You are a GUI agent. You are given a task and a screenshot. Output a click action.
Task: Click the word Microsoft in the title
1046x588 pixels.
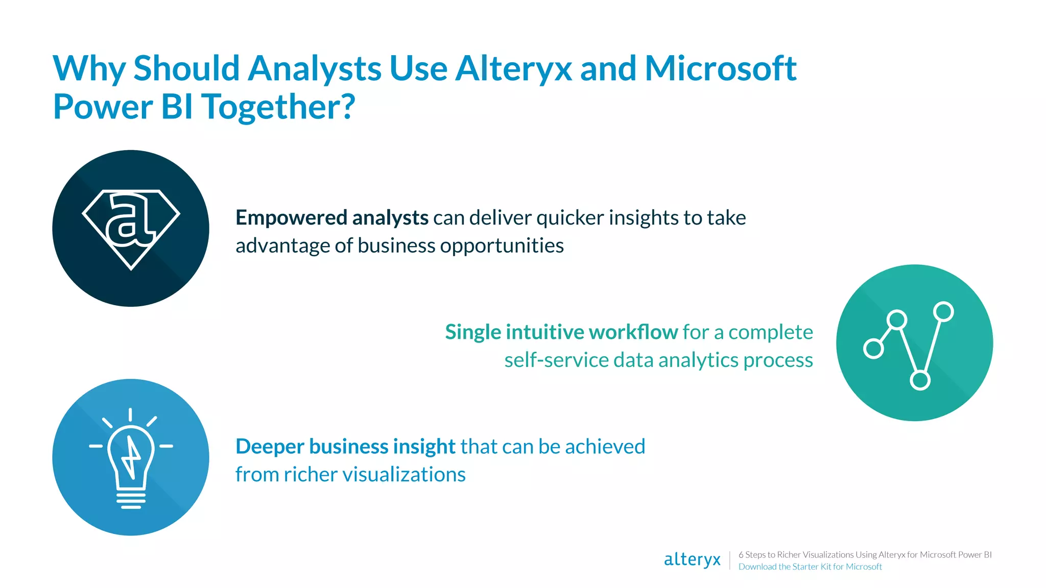coord(720,68)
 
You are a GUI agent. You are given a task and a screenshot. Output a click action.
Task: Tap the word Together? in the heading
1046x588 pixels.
coord(278,107)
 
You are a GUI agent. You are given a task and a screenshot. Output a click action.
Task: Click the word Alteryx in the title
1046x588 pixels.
coord(513,68)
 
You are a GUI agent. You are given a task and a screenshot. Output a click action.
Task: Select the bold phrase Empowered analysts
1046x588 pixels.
coord(331,218)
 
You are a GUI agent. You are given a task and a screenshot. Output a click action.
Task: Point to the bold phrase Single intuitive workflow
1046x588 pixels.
coord(561,332)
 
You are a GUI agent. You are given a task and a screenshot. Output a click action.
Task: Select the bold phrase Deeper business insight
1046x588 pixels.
coord(345,447)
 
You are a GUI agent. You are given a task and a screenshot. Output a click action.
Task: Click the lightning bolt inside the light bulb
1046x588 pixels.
coord(131,455)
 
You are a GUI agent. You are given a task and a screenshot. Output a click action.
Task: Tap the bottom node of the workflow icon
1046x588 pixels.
coord(920,380)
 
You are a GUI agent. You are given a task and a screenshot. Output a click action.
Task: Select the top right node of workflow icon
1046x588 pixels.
coord(943,311)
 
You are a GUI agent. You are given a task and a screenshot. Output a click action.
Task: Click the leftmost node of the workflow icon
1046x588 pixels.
coord(873,349)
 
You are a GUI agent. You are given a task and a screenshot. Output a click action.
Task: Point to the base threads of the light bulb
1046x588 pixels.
coord(131,500)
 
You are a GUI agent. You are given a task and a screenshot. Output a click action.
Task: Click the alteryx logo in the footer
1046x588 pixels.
coord(692,560)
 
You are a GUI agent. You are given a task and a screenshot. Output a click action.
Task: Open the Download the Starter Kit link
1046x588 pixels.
coord(810,567)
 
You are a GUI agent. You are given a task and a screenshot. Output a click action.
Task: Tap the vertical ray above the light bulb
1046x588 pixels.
coord(130,414)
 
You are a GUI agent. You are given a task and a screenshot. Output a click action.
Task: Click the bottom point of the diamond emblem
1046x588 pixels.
coord(131,267)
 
